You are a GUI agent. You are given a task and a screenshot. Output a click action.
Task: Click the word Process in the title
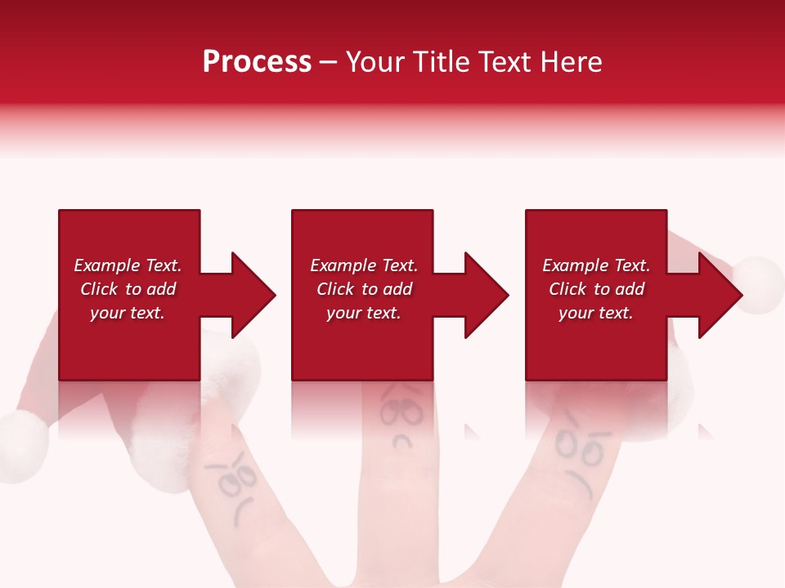257,62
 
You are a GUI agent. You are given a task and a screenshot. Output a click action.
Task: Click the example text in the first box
128,289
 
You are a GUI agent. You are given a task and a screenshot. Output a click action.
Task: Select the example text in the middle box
363,289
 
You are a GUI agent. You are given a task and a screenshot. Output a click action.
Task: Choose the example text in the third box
595,289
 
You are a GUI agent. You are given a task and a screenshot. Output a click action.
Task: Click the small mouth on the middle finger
401,442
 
